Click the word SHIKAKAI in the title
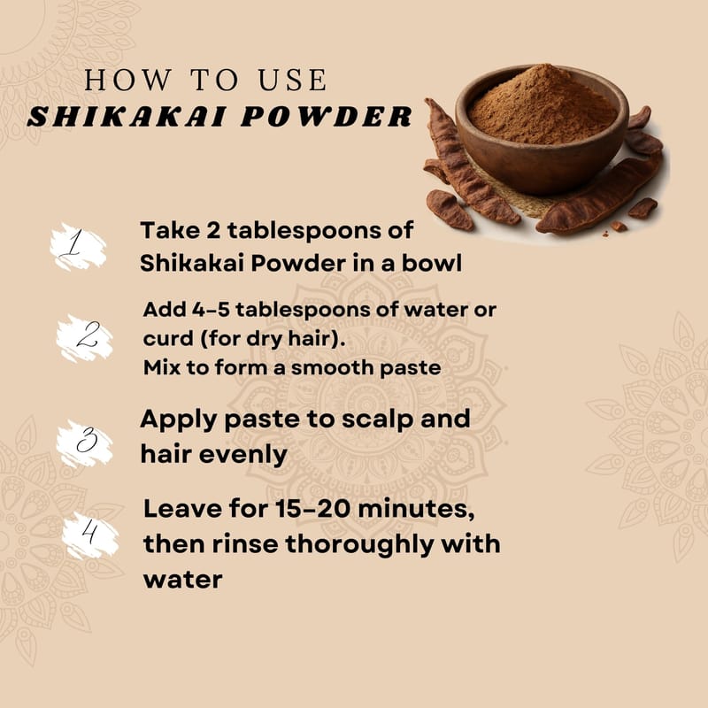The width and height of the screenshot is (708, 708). click(x=127, y=117)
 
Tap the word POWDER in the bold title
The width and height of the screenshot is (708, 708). click(x=327, y=117)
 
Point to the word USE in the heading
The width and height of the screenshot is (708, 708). click(x=292, y=80)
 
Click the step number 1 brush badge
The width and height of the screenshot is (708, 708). click(x=78, y=247)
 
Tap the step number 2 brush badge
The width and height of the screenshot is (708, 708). click(x=84, y=338)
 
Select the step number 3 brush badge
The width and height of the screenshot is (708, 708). click(x=84, y=442)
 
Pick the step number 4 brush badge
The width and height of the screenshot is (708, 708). click(x=90, y=535)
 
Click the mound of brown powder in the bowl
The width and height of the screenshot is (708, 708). click(x=543, y=106)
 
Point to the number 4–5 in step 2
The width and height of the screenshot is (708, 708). click(x=211, y=310)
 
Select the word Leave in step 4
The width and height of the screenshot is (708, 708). click(x=183, y=509)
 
